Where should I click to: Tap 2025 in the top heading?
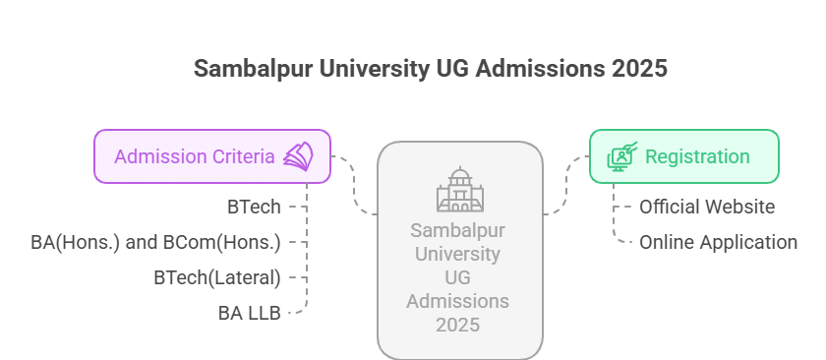pyautogui.click(x=639, y=69)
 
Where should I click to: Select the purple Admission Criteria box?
pyautogui.click(x=211, y=156)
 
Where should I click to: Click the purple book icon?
pyautogui.click(x=298, y=156)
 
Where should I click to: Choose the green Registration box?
pyautogui.click(x=683, y=156)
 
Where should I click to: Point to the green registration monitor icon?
pyautogui.click(x=621, y=156)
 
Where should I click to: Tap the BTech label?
pyautogui.click(x=255, y=207)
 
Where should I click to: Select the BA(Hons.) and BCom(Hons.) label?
pyautogui.click(x=156, y=242)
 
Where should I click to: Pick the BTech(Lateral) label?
pyautogui.click(x=217, y=277)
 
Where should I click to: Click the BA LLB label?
pyautogui.click(x=250, y=313)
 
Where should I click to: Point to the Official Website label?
pyautogui.click(x=707, y=207)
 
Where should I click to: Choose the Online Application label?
pyautogui.click(x=718, y=242)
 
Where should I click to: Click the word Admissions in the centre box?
pyautogui.click(x=458, y=301)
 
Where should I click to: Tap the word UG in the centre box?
pyautogui.click(x=459, y=278)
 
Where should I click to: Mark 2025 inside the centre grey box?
pyautogui.click(x=458, y=324)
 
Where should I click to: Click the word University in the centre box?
pyautogui.click(x=458, y=256)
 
